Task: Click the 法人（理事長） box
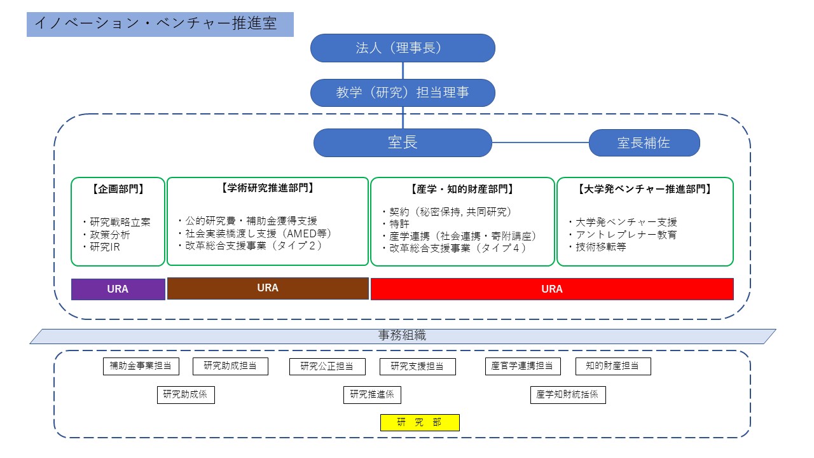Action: pyautogui.click(x=403, y=48)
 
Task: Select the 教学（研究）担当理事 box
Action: pyautogui.click(x=403, y=92)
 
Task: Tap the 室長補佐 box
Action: pyautogui.click(x=644, y=143)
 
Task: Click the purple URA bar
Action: pyautogui.click(x=118, y=289)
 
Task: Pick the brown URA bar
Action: pyautogui.click(x=268, y=288)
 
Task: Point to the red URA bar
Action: pyautogui.click(x=551, y=289)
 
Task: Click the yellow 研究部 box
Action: pyautogui.click(x=419, y=422)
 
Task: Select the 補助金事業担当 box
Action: pyautogui.click(x=141, y=366)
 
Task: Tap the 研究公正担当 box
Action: pyautogui.click(x=328, y=366)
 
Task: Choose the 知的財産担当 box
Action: pyautogui.click(x=613, y=366)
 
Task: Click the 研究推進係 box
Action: pyautogui.click(x=372, y=394)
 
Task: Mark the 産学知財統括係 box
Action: pyautogui.click(x=567, y=394)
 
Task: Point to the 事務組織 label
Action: pyautogui.click(x=403, y=336)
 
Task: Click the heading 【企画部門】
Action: pyautogui.click(x=118, y=189)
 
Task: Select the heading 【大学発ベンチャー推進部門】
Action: pyautogui.click(x=644, y=189)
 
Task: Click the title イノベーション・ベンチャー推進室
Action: pyautogui.click(x=156, y=24)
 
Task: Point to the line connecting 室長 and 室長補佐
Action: pyautogui.click(x=541, y=143)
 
